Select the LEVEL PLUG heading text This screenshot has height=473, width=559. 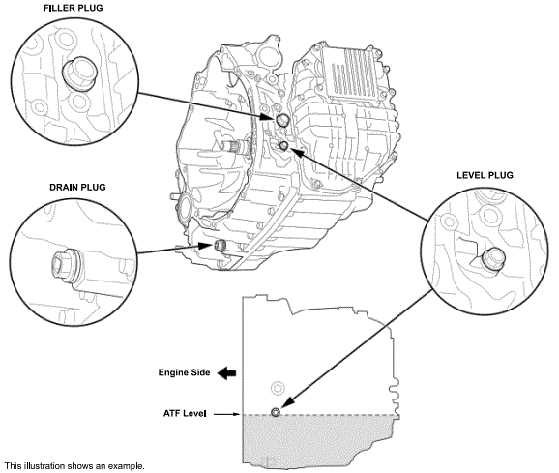click(485, 175)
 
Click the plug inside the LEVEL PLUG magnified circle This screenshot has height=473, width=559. click(493, 257)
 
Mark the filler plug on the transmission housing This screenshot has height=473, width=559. click(282, 120)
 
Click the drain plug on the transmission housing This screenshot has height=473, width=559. click(220, 244)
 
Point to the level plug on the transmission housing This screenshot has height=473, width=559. click(284, 145)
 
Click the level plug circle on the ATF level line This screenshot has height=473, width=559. click(277, 413)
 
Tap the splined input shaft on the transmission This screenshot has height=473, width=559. click(231, 147)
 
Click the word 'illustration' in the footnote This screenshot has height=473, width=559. click(45, 466)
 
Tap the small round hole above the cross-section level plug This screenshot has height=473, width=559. click(277, 387)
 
